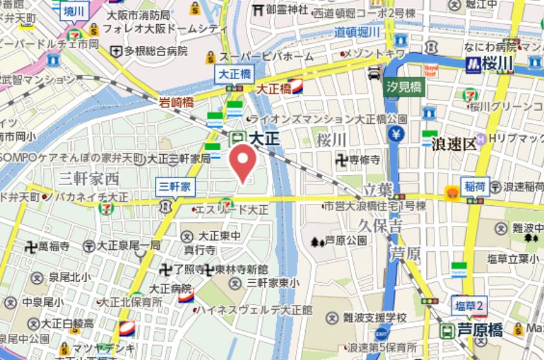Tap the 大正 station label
pos(264,138)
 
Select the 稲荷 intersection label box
pos(475,186)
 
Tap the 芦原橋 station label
pos(481,330)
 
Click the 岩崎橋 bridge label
pos(176,102)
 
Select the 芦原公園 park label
pos(346,241)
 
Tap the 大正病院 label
pos(170,288)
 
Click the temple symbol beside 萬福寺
pos(30,245)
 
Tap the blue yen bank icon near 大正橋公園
pos(396,134)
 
